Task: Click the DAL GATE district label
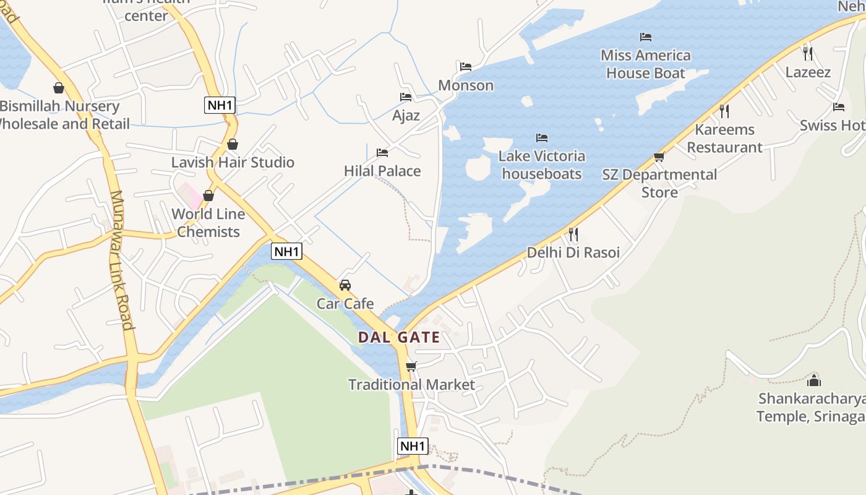399,337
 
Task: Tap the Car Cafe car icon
345,285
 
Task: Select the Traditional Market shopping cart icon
411,366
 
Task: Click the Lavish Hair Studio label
233,162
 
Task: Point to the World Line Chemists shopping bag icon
208,196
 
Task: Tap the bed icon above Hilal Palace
382,152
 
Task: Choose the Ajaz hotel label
406,115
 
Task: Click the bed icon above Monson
466,66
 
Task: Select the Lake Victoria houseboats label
542,165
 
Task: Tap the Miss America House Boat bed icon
646,37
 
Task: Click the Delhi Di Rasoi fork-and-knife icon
573,234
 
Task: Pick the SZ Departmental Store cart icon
659,157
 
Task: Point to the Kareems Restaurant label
725,139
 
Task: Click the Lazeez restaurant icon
807,53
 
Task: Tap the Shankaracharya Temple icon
814,380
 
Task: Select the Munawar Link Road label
121,260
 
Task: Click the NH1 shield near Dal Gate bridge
287,251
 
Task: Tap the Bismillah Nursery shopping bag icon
59,88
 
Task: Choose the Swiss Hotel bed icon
839,106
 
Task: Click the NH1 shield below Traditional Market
413,446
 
